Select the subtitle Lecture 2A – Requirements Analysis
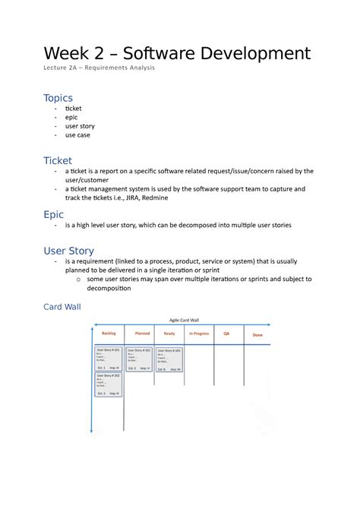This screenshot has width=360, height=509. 98,69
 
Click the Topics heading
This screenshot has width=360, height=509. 58,97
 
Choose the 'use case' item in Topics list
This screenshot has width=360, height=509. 77,134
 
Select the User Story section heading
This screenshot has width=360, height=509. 69,250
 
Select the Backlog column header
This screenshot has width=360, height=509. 109,334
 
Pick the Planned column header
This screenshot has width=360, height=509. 142,334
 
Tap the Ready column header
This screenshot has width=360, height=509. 169,334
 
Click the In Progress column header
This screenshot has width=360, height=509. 199,334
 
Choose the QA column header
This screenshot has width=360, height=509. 226,334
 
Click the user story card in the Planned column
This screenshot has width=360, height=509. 139,359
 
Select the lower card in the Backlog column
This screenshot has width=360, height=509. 109,384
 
